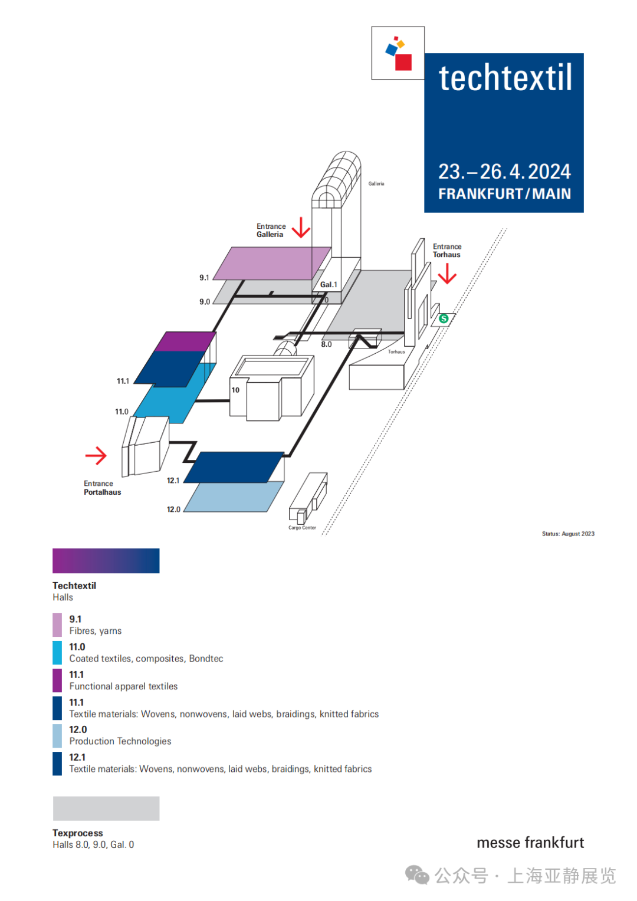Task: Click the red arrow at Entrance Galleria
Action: pos(301,228)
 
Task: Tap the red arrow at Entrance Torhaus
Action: pos(447,274)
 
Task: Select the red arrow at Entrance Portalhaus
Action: pos(96,455)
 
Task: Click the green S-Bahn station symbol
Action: pos(444,318)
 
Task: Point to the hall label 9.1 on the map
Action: pos(204,278)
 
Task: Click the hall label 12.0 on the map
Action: pos(173,509)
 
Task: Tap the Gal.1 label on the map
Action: pos(329,285)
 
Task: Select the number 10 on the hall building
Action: pos(235,390)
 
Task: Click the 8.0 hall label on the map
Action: pos(326,344)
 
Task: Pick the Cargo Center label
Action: pos(302,528)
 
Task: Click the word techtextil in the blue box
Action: pos(505,78)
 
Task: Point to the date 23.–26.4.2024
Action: pos(504,172)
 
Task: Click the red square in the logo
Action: pos(403,62)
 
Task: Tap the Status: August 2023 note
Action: pos(568,534)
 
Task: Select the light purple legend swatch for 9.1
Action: pos(57,625)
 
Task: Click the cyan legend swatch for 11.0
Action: pos(57,653)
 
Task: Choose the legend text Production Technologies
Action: pos(120,741)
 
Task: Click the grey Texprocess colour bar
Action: pos(106,808)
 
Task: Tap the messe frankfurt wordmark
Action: pos(530,843)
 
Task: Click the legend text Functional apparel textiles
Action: pos(123,686)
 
